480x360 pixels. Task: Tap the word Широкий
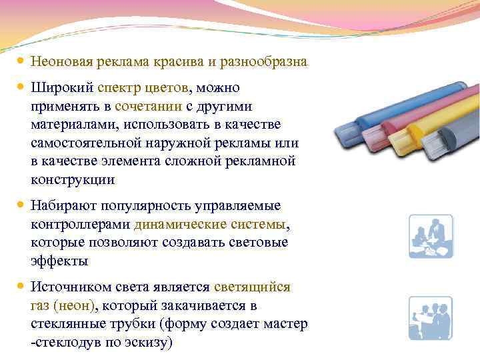pyautogui.click(x=61, y=88)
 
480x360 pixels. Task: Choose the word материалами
pyautogui.click(x=73, y=125)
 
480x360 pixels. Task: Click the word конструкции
pyautogui.click(x=73, y=180)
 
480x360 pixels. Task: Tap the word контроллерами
pyautogui.click(x=81, y=224)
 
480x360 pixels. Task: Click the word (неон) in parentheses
pyautogui.click(x=75, y=305)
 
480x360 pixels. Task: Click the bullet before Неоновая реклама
pyautogui.click(x=20, y=61)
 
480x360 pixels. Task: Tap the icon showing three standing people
pyautogui.click(x=431, y=317)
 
